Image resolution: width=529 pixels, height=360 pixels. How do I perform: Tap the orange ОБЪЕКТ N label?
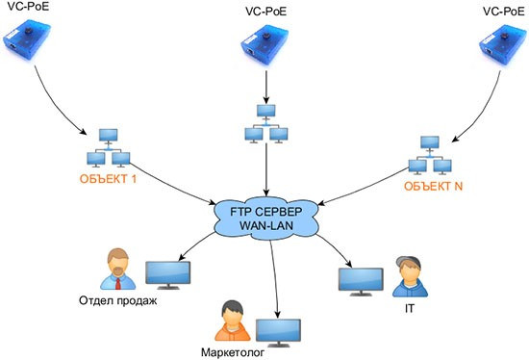(x=432, y=185)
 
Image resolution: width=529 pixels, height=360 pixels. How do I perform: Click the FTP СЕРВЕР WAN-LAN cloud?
(x=264, y=218)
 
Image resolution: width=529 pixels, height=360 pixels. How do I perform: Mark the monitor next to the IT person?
(x=358, y=278)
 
